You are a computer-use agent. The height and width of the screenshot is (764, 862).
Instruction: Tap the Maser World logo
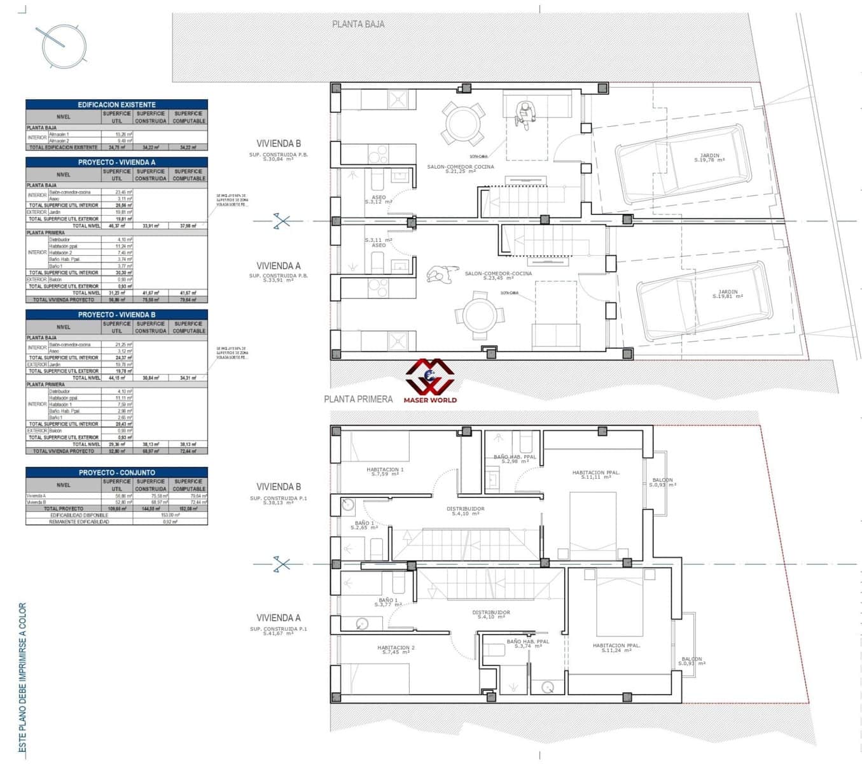pyautogui.click(x=430, y=381)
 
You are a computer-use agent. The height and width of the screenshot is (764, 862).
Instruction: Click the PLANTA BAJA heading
pyautogui.click(x=358, y=24)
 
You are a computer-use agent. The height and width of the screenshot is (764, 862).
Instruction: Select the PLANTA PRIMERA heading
pyautogui.click(x=358, y=399)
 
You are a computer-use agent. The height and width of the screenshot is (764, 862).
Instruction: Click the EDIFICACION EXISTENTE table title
pyautogui.click(x=116, y=104)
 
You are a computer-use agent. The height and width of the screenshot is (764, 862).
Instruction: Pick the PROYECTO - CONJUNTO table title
pyautogui.click(x=116, y=472)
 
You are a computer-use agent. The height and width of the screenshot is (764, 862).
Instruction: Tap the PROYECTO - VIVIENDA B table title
pyautogui.click(x=116, y=315)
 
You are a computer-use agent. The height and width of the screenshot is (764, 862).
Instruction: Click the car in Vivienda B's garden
pyautogui.click(x=679, y=165)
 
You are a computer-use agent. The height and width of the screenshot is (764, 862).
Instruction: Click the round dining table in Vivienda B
pyautogui.click(x=465, y=124)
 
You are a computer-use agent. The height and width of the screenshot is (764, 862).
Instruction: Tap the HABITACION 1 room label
pyautogui.click(x=385, y=472)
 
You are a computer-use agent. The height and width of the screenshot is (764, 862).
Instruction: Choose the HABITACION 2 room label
pyautogui.click(x=397, y=649)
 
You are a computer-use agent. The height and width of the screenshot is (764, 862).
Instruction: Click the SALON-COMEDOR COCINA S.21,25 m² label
pyautogui.click(x=461, y=169)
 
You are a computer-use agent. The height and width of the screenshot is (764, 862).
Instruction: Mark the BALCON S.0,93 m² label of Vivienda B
pyautogui.click(x=662, y=483)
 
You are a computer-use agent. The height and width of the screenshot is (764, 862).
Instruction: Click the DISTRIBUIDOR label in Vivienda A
pyautogui.click(x=491, y=614)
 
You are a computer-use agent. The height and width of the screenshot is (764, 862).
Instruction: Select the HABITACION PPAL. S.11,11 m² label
pyautogui.click(x=595, y=474)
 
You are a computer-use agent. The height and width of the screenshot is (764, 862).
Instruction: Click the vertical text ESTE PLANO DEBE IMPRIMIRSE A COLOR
pyautogui.click(x=23, y=678)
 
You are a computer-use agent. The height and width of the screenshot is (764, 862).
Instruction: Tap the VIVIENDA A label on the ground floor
pyautogui.click(x=279, y=266)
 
